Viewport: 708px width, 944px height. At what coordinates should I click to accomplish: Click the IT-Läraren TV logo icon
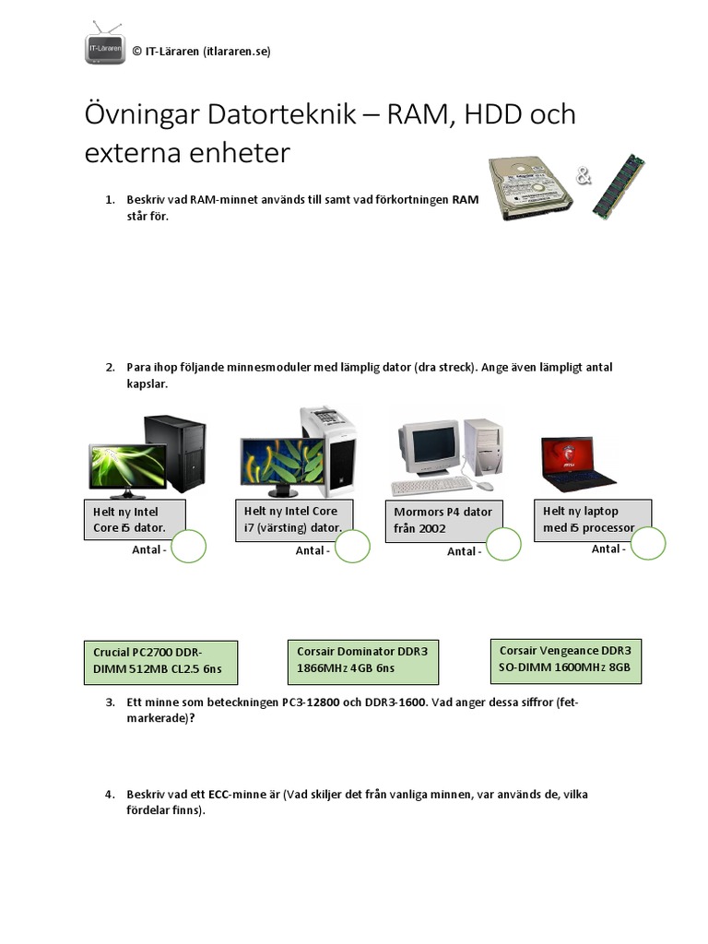pos(104,44)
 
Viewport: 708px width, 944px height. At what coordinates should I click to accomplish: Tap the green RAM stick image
pos(618,187)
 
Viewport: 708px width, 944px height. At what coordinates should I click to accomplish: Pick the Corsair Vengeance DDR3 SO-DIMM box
pos(565,659)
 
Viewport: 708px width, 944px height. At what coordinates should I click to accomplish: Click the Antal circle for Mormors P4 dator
pos(503,545)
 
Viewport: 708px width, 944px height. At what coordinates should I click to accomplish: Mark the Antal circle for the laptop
pos(647,543)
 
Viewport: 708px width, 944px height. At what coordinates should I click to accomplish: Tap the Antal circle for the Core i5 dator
pos(188,546)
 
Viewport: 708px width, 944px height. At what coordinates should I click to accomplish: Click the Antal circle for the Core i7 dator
pos(352,546)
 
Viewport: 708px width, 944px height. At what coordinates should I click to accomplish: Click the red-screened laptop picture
pos(577,465)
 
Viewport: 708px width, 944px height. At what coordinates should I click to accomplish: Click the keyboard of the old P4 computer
pos(431,486)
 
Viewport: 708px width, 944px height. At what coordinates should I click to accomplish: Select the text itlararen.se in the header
pos(234,52)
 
